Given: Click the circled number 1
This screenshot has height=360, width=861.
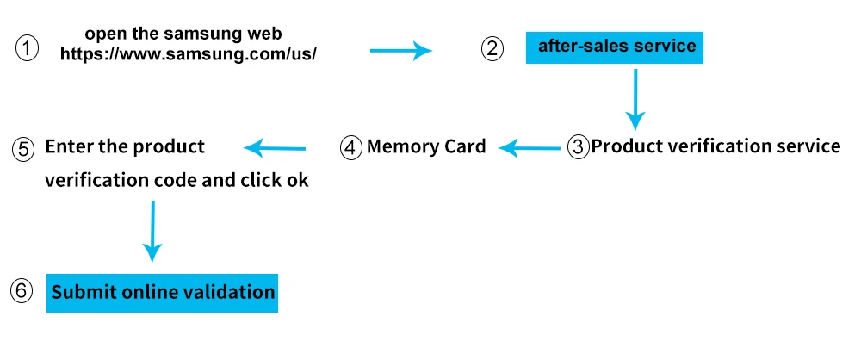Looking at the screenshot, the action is click(x=27, y=49).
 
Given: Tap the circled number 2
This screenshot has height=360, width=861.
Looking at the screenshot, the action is click(x=492, y=48).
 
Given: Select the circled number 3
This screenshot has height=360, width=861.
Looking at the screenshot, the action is click(x=578, y=147).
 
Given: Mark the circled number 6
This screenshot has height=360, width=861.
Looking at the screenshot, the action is click(x=22, y=290).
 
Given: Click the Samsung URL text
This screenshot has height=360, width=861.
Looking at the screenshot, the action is click(x=188, y=54).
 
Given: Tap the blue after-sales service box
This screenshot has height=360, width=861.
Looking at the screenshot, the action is click(x=615, y=48).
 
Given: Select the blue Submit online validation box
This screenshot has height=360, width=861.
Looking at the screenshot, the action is click(x=162, y=293).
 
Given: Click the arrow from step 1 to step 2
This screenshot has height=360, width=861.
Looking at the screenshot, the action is click(x=401, y=51).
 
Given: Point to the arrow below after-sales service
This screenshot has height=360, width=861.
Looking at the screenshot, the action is click(x=635, y=100).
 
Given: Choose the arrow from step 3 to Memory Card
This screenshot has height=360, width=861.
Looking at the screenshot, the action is click(x=530, y=148).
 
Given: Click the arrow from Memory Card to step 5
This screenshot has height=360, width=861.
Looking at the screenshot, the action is click(x=275, y=148).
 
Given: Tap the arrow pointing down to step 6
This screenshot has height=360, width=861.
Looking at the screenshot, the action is click(x=152, y=232).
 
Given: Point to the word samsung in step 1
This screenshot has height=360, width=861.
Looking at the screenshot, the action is click(x=201, y=34).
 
